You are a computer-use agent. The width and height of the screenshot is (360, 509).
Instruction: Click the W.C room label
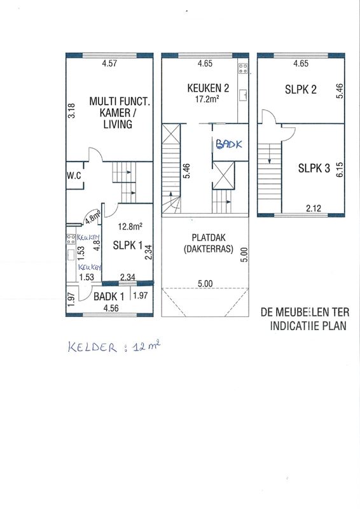pos(74,176)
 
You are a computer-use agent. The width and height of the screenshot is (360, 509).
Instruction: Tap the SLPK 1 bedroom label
pos(128,245)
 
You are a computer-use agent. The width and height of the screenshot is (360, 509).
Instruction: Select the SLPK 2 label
pos(301,89)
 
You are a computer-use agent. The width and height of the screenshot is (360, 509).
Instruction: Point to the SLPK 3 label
pos(314,168)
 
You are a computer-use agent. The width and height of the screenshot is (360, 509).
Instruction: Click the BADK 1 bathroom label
pos(109,296)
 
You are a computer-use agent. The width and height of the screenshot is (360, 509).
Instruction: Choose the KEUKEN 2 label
pos(208,88)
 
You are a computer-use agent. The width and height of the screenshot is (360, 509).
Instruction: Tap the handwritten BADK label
pos(229,144)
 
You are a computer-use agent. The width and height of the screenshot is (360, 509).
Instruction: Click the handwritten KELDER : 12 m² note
pos(114,347)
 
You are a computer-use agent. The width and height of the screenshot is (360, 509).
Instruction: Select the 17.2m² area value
pos(207,99)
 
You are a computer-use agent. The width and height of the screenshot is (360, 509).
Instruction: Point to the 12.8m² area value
pos(130,227)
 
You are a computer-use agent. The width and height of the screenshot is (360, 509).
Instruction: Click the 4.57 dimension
pos(109,63)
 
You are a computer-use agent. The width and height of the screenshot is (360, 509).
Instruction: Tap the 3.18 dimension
pos(71,110)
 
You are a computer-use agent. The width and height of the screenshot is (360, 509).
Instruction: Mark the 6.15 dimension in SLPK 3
pos(340,169)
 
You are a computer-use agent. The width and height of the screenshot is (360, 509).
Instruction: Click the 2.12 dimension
pos(314,208)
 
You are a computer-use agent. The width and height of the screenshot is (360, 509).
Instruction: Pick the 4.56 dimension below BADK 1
pos(111,308)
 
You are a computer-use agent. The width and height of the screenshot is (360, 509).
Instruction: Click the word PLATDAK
pos(209,237)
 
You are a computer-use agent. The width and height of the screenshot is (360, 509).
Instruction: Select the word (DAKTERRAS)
pos(209,249)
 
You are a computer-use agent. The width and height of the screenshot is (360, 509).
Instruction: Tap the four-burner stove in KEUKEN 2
pos(243,68)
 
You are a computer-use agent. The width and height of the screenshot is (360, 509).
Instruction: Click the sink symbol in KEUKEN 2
pos(243,95)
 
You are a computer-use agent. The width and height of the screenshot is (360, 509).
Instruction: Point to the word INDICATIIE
pos(293,326)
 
